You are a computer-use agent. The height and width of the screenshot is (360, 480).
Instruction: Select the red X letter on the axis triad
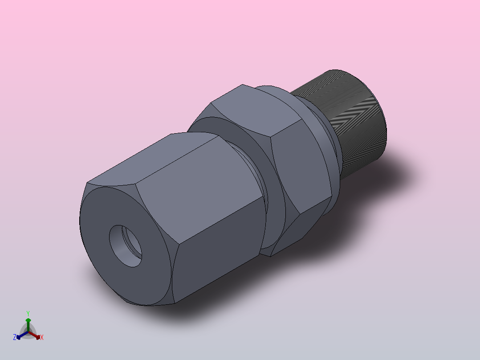pyautogui.click(x=42, y=337)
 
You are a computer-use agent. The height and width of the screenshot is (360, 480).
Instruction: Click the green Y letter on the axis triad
pyautogui.click(x=28, y=313)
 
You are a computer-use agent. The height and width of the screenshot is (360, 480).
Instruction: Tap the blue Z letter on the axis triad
pyautogui.click(x=15, y=337)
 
